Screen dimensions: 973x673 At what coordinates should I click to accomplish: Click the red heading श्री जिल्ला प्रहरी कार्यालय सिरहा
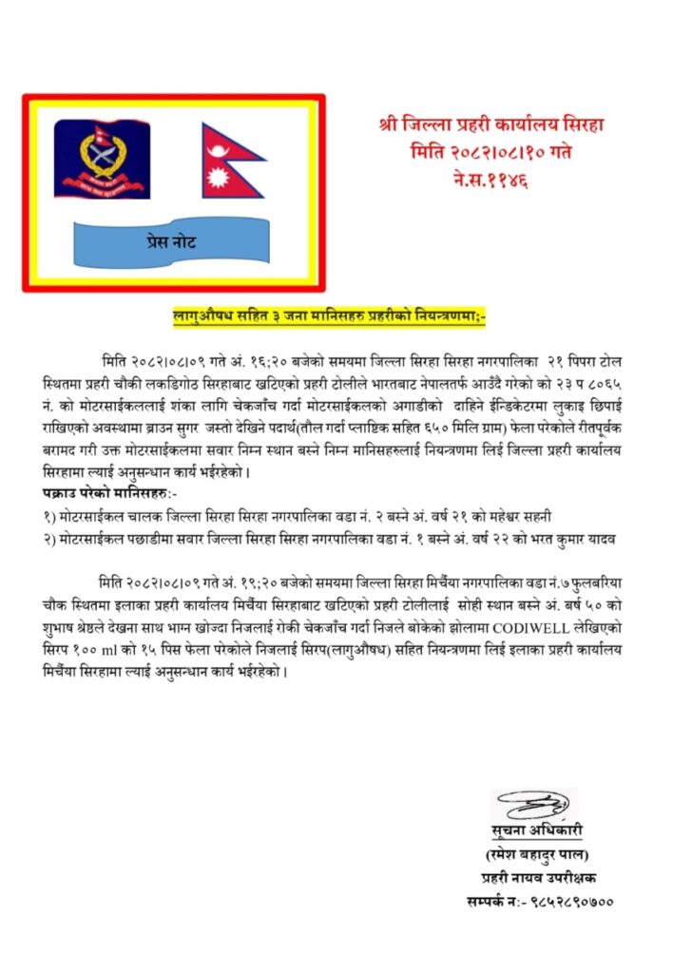click(x=491, y=124)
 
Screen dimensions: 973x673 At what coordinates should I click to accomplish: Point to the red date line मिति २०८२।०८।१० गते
click(x=490, y=150)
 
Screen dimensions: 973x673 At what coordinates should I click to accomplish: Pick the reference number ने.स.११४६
click(x=491, y=177)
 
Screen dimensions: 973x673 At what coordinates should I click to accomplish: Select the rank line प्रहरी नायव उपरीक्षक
click(x=538, y=877)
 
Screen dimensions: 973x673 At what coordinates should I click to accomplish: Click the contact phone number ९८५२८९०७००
click(x=572, y=899)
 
